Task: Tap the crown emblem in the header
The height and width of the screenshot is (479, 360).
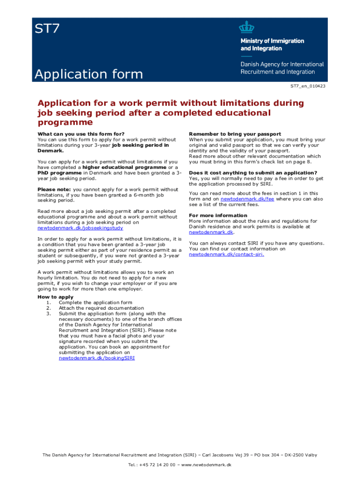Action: coord(246,27)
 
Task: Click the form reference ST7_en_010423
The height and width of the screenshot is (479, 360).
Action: coord(308,86)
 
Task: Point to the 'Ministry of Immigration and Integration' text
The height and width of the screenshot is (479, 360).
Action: coord(272,44)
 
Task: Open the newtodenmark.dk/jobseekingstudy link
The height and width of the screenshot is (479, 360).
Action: coord(80,228)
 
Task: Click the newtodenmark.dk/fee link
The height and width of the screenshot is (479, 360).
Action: coord(247,199)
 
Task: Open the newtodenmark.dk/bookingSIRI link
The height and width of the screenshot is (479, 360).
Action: coord(97,358)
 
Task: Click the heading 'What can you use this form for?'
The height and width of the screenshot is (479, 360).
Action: coord(81,134)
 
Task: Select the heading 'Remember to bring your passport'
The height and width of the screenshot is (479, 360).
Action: coord(235,134)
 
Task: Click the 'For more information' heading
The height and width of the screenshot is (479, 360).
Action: coord(218,216)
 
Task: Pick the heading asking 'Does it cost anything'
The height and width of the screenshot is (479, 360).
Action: coord(253,173)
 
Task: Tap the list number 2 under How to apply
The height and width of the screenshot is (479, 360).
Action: coord(48,308)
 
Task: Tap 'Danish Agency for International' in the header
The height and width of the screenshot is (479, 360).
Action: coord(282,64)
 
